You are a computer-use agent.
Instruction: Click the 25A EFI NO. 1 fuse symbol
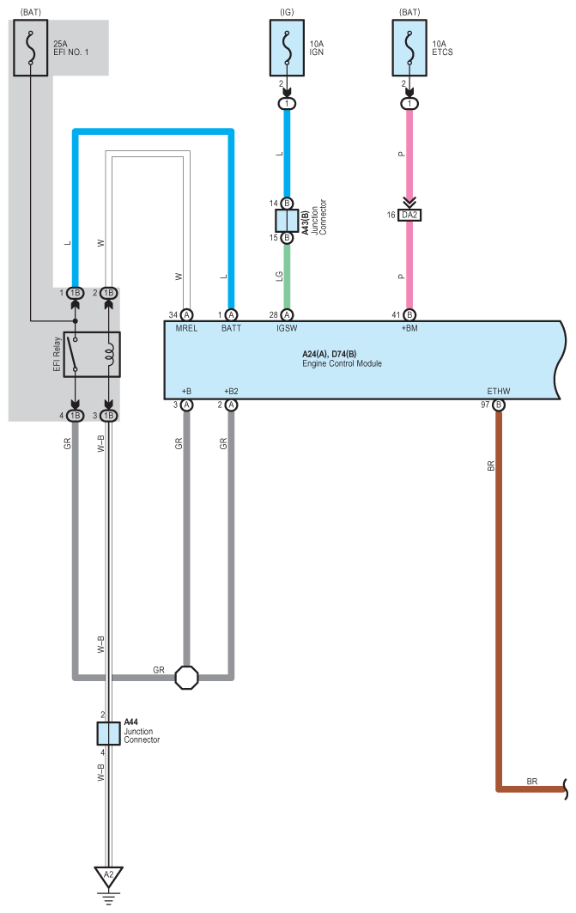click(x=30, y=48)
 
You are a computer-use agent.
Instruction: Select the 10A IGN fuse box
click(x=287, y=48)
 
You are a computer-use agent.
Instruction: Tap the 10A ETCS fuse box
click(x=409, y=48)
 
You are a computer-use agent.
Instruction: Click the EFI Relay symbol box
click(x=92, y=355)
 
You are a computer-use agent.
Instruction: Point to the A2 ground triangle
click(x=109, y=876)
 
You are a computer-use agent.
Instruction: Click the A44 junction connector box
click(x=109, y=733)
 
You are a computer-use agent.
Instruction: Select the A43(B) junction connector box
click(x=287, y=221)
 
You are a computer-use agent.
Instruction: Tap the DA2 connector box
click(x=409, y=215)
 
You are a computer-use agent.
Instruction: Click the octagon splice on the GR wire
click(x=187, y=677)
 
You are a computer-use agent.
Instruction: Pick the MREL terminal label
click(x=186, y=328)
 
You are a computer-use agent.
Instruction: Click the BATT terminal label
click(x=231, y=328)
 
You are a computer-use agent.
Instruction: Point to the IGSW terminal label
click(x=287, y=328)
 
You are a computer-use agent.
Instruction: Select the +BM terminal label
click(x=409, y=328)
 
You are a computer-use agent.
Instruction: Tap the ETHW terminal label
click(x=499, y=392)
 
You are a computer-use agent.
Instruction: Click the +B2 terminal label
click(x=231, y=392)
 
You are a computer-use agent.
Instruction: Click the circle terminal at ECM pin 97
click(x=499, y=405)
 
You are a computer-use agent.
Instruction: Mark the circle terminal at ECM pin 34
click(x=186, y=315)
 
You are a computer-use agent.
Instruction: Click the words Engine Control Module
click(x=343, y=363)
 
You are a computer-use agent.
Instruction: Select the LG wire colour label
click(x=279, y=276)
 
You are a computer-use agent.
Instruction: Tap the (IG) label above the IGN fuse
click(x=287, y=12)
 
